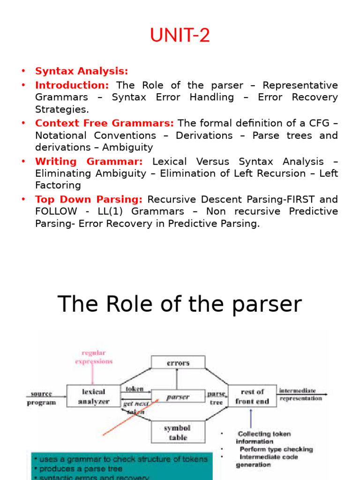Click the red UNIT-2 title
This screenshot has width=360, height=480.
pos(180,36)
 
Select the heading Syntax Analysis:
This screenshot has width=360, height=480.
pos(82,71)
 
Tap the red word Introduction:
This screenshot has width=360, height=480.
pos(72,85)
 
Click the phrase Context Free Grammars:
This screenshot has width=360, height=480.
pos(104,123)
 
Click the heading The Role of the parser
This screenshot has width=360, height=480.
pos(180,304)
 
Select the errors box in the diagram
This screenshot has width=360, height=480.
pos(178,363)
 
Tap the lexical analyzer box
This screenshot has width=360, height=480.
pos(94,396)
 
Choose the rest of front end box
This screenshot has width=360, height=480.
pos(252,396)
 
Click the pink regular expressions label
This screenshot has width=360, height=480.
pos(94,357)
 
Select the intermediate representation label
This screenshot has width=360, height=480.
pos(300,394)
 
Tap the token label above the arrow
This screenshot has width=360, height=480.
pos(134,389)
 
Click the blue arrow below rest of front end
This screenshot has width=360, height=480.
pos(252,418)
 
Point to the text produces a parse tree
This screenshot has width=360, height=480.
pos(81,468)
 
